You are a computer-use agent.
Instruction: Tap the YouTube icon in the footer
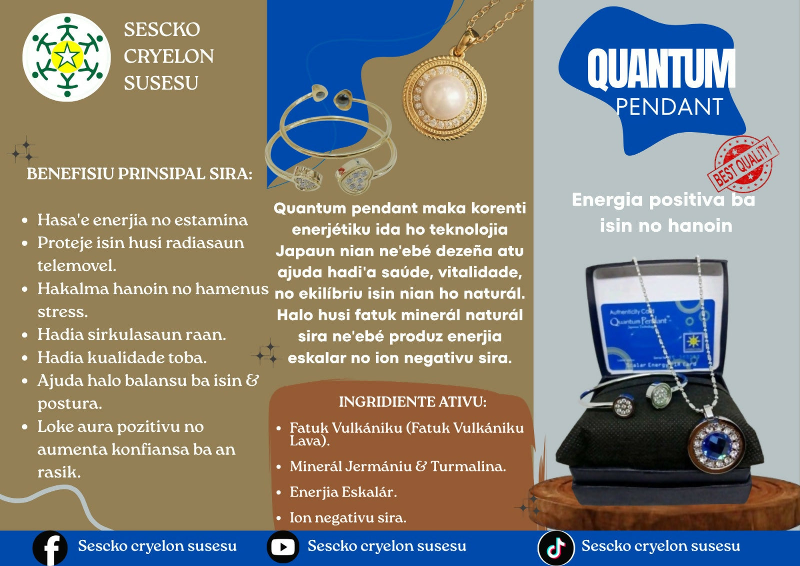point(283,546)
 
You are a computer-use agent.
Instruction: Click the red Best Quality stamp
point(743,164)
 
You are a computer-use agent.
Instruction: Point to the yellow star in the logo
point(67,57)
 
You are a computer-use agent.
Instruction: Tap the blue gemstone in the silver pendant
point(716,445)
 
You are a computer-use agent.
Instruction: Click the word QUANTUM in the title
point(661,69)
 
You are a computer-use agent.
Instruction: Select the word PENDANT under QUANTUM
point(669,107)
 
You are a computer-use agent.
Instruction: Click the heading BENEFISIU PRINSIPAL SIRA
point(139,174)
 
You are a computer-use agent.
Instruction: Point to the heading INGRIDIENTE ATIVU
point(412,402)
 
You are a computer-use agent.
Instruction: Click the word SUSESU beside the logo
point(161,83)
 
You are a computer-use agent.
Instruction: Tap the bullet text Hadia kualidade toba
point(122,357)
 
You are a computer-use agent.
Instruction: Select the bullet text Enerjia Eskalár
point(343,492)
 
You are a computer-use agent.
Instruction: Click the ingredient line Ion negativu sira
point(348,518)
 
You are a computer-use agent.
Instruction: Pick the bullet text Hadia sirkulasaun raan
point(132,335)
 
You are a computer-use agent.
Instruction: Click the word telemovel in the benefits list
point(77,266)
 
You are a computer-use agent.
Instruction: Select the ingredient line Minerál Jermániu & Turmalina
point(398,466)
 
